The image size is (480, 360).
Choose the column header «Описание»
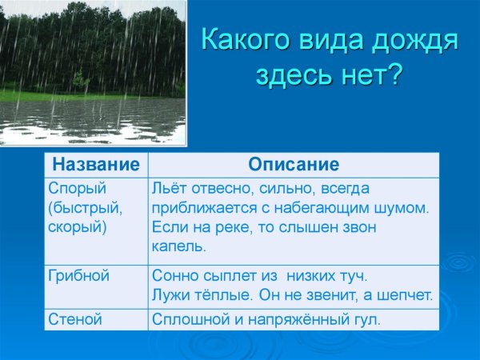click(294, 165)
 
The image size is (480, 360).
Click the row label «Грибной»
click(78, 276)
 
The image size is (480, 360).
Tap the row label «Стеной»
click(75, 319)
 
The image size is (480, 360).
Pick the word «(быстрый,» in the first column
click(85, 208)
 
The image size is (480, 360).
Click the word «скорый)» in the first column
click(77, 226)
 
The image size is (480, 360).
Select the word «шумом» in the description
click(405, 208)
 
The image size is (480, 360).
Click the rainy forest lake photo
click(93, 74)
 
